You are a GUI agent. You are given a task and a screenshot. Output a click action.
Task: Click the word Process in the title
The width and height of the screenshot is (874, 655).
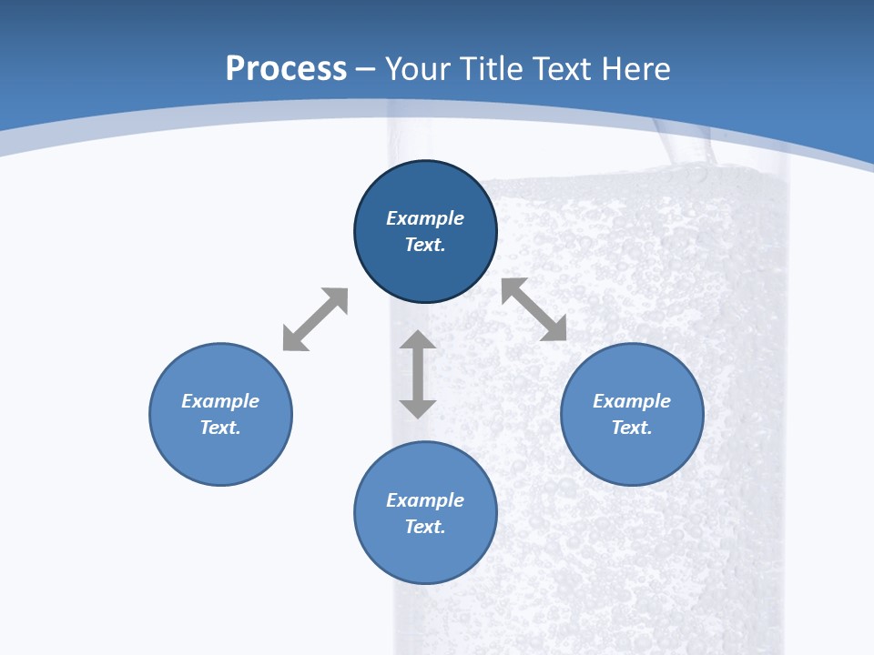(286, 69)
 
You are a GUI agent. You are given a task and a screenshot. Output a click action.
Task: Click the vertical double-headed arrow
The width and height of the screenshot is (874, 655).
(418, 374)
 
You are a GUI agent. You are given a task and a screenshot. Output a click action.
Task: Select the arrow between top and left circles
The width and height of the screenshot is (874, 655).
(315, 319)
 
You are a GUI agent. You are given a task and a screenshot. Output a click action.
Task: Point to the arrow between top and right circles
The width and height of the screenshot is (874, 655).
(534, 309)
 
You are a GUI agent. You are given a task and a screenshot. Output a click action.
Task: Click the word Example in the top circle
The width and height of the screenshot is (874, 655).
(425, 218)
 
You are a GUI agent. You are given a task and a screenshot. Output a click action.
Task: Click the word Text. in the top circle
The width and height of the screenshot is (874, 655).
(425, 245)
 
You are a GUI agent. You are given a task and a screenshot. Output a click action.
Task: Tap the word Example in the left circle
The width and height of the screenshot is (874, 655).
(220, 401)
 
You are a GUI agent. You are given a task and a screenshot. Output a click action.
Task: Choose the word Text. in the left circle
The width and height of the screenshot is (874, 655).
(220, 428)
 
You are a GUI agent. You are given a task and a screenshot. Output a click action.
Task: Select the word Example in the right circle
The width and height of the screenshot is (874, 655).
(632, 401)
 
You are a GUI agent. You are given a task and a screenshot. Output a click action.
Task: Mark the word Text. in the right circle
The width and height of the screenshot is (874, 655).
(632, 428)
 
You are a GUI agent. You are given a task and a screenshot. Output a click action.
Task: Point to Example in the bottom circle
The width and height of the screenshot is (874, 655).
(425, 500)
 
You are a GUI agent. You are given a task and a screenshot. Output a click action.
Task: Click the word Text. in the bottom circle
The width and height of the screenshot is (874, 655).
(425, 527)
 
